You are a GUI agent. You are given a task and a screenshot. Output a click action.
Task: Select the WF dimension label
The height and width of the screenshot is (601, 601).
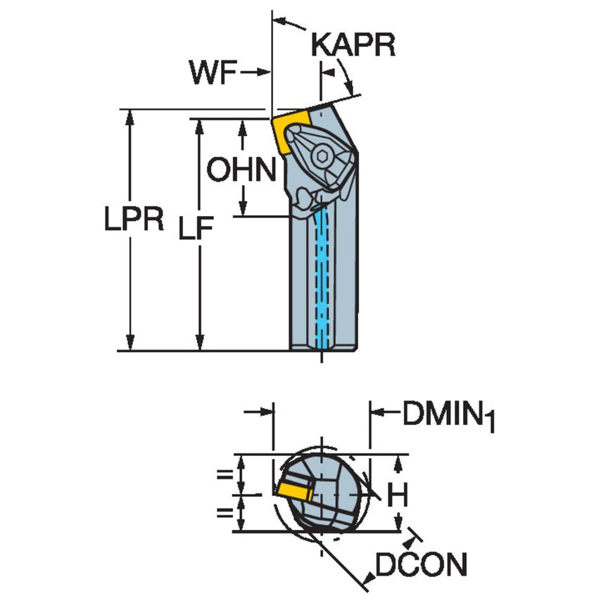pyautogui.click(x=210, y=72)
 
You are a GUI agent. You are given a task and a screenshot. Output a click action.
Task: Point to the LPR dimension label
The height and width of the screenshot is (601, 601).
pyautogui.click(x=134, y=220)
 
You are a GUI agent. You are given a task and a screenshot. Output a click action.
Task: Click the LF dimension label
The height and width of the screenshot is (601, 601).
pyautogui.click(x=196, y=229)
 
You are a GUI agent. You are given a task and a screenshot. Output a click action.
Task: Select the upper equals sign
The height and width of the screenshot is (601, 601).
pyautogui.click(x=224, y=474)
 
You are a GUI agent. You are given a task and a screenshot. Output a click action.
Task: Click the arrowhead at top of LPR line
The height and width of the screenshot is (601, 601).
pyautogui.click(x=129, y=116)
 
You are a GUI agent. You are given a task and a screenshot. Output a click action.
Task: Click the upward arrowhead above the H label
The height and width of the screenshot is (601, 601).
pyautogui.click(x=399, y=462)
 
